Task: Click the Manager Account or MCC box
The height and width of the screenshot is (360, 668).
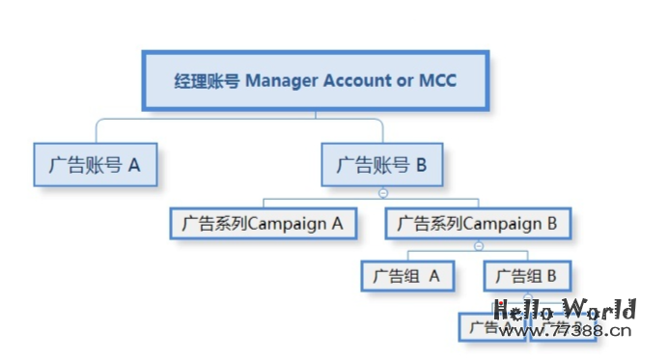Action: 316,81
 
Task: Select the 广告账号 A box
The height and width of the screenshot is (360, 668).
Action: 95,165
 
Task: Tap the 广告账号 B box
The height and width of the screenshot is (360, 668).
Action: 381,165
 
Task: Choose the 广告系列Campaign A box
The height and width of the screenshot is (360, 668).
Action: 263,223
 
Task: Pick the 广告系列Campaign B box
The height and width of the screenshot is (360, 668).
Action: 478,223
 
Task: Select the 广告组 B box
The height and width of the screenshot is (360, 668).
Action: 527,276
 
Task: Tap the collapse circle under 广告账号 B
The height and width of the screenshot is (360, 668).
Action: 383,193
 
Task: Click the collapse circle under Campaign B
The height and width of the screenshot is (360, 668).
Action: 479,247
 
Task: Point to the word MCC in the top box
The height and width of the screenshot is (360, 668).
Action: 437,81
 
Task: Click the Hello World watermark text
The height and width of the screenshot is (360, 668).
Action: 565,311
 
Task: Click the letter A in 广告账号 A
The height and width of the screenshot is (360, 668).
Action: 134,165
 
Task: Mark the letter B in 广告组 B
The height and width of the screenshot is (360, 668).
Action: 551,276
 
